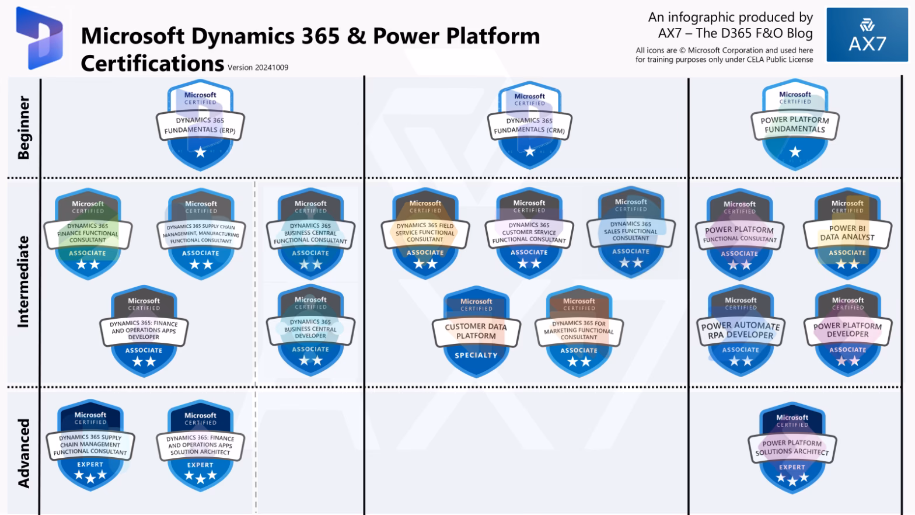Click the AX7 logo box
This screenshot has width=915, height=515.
[867, 35]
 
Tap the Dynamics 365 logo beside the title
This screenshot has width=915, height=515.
[40, 39]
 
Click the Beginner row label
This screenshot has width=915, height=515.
[23, 127]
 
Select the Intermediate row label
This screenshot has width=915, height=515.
[23, 281]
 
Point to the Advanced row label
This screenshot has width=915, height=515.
[23, 453]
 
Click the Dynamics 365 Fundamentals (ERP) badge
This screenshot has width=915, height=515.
[200, 126]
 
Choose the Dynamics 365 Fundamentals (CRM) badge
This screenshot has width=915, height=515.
[530, 127]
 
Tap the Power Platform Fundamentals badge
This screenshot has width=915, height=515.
[795, 126]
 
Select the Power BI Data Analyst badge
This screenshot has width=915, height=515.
[847, 234]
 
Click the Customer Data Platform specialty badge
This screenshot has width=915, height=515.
[476, 332]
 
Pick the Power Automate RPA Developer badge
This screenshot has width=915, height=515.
[741, 331]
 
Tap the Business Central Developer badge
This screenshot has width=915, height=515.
[310, 330]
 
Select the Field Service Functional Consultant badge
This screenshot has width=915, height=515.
[425, 233]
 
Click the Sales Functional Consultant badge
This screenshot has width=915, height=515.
[631, 232]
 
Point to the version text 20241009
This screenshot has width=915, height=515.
[258, 67]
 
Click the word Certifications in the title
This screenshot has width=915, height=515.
[152, 63]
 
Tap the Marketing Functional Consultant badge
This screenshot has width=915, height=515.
[579, 331]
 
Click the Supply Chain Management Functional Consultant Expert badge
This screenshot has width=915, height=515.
[90, 446]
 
